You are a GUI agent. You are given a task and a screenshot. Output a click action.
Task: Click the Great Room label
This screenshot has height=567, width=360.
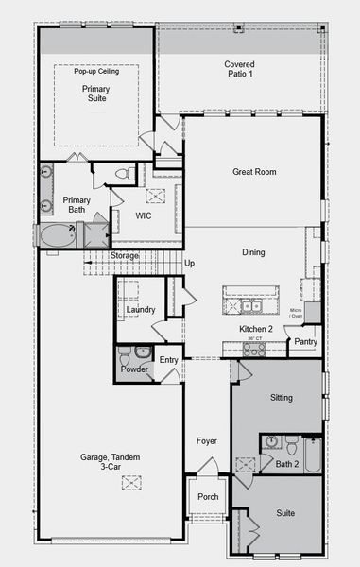point(254,172)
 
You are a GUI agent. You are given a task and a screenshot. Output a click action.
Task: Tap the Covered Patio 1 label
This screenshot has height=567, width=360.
point(239,70)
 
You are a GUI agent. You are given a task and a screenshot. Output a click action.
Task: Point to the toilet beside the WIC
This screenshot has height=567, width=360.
point(124,174)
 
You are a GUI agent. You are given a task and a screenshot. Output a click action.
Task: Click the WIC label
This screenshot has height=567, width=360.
point(144,215)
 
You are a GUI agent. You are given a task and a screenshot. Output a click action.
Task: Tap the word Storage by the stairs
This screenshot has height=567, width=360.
point(125,255)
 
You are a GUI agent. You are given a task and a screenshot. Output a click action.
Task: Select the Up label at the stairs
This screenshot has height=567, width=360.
point(189,263)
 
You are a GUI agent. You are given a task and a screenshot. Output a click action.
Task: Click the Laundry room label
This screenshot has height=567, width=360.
point(140,310)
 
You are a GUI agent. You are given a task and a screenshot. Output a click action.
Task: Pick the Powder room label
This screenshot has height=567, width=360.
point(134,369)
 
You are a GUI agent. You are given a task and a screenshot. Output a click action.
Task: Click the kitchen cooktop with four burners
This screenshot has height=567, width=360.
point(253,349)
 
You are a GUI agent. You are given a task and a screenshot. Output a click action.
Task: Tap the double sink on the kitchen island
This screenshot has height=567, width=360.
point(249,305)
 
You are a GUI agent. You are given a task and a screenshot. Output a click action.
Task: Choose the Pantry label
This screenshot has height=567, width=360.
point(305,341)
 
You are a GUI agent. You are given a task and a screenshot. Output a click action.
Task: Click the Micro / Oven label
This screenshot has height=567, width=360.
point(297,313)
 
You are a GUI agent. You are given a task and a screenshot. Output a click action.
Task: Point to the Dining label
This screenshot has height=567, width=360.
point(253,252)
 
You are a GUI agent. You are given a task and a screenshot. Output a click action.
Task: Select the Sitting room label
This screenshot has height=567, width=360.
point(282,398)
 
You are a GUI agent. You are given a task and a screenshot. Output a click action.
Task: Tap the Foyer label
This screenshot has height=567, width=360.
point(207,440)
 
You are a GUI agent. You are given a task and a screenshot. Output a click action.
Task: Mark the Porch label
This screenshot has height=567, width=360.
point(208,498)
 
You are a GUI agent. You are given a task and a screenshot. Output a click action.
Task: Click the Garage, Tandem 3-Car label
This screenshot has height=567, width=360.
point(110,462)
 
